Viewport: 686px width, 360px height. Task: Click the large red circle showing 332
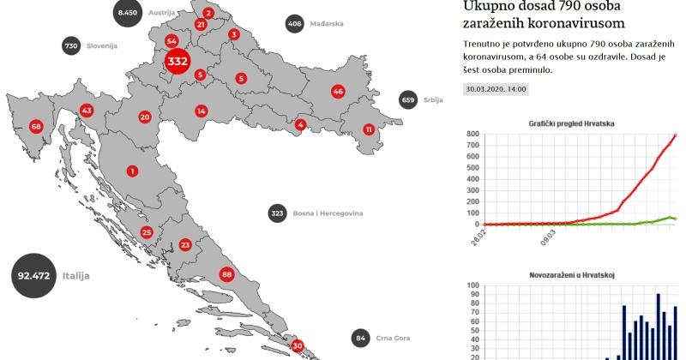click(178, 62)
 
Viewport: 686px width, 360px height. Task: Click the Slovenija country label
click(102, 46)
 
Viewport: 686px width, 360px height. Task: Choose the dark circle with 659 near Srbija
click(408, 99)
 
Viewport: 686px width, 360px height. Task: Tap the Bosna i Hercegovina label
click(328, 213)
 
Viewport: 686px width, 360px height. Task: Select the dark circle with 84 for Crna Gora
click(361, 338)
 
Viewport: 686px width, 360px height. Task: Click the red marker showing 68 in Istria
click(35, 127)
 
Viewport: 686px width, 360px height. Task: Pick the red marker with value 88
click(226, 274)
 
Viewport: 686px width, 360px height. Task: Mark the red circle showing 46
click(338, 91)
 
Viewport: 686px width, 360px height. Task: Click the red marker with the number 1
click(132, 171)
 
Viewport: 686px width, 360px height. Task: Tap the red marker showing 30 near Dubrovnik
click(298, 346)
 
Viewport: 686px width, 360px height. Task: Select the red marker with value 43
click(86, 111)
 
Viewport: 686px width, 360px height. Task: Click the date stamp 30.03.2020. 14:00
click(496, 89)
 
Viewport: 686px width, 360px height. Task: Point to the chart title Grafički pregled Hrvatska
click(571, 123)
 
